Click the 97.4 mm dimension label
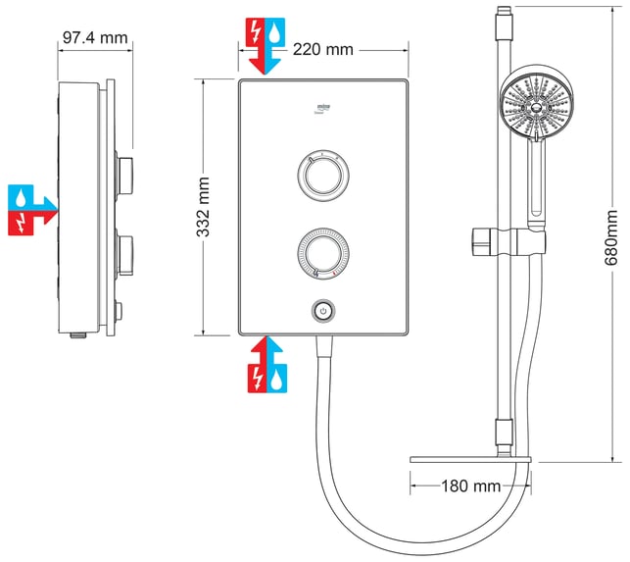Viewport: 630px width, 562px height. coord(95,38)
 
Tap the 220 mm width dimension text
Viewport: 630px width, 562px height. coord(324,49)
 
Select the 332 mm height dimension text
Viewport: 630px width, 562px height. coord(203,209)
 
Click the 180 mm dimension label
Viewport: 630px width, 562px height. coord(470,485)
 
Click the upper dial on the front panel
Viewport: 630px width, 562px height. coord(320,176)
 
